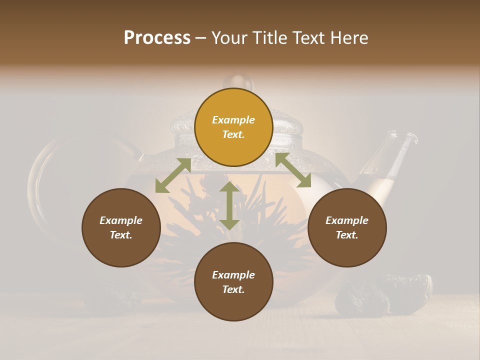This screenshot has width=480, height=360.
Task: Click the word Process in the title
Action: pyautogui.click(x=157, y=38)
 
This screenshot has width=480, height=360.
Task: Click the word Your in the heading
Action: pyautogui.click(x=230, y=38)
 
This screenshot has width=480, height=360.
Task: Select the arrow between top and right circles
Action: pyautogui.click(x=293, y=170)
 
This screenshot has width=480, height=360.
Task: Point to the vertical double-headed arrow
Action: pyautogui.click(x=229, y=205)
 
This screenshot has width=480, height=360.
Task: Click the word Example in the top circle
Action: pyautogui.click(x=233, y=120)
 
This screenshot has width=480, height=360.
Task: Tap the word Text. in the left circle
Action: pyautogui.click(x=121, y=235)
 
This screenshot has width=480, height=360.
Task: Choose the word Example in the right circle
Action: pyautogui.click(x=347, y=220)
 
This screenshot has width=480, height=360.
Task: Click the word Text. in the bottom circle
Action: pyautogui.click(x=233, y=289)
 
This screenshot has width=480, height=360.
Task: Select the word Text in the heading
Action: pyautogui.click(x=309, y=38)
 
